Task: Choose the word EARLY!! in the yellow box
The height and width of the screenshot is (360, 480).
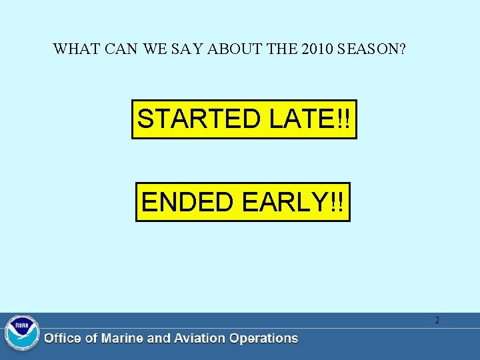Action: tap(293, 202)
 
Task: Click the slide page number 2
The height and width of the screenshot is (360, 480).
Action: tap(437, 321)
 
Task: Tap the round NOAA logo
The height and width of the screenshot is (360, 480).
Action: tap(22, 333)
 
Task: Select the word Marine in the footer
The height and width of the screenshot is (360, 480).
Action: tap(122, 339)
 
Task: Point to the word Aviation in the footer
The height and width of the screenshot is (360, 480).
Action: tap(198, 339)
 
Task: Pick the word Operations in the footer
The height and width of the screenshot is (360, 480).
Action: tap(263, 339)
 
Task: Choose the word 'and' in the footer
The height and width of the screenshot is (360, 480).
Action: tap(158, 339)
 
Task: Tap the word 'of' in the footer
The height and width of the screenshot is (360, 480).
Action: tap(91, 339)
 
